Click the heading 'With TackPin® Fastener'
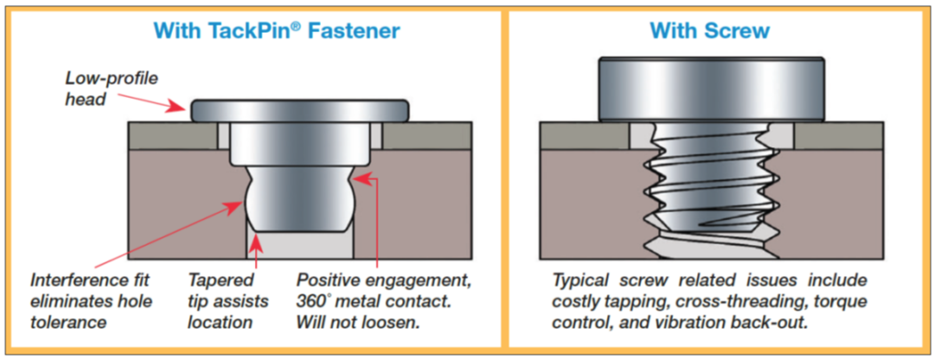(x=276, y=31)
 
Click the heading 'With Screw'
(x=709, y=31)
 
